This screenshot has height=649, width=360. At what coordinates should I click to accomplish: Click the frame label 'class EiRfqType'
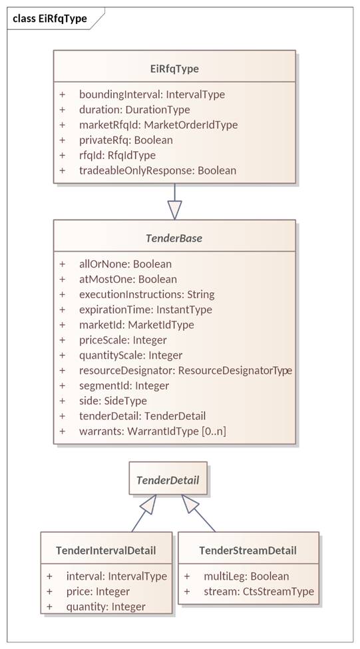50,18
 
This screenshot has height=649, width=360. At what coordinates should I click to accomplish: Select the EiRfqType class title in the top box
174,69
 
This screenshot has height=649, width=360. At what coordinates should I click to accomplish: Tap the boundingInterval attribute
152,95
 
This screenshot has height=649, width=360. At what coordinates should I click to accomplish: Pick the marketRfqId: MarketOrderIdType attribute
158,124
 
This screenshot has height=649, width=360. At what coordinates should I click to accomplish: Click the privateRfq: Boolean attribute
126,140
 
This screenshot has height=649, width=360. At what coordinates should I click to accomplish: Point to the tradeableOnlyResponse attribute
158,170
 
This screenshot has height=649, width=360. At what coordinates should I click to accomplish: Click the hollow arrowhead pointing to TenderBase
174,210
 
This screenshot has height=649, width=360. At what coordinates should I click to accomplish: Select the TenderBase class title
174,238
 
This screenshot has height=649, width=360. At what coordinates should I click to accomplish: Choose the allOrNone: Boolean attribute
125,264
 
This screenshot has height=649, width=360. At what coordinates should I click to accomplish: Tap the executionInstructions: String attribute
147,294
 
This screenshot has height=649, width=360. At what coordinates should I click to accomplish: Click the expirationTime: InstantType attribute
146,310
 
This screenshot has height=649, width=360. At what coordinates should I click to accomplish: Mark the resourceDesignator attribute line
186,371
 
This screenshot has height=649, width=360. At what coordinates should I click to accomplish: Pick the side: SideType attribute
113,401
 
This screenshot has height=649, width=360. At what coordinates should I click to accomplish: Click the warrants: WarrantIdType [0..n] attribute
152,431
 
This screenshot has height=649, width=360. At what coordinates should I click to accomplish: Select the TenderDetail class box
168,479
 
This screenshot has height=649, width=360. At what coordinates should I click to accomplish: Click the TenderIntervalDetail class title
106,550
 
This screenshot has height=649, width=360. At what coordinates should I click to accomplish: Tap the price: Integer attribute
98,592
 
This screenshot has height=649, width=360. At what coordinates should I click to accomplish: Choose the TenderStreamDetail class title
248,550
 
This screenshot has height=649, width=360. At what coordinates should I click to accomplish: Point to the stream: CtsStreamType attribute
259,592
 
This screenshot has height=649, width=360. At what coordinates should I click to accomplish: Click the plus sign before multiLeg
187,576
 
